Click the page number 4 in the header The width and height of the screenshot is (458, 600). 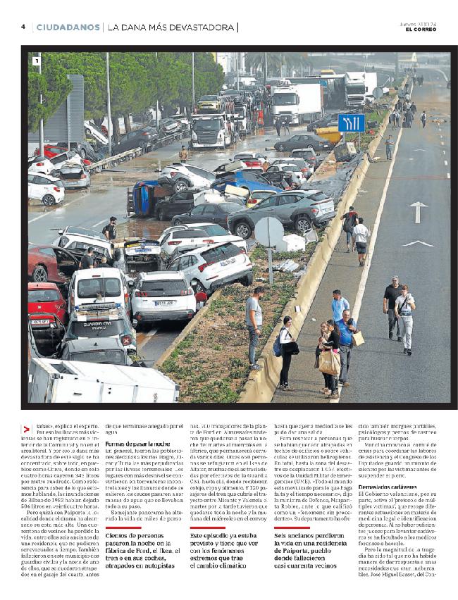[x=23, y=27]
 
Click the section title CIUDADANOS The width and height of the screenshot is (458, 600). [x=68, y=27]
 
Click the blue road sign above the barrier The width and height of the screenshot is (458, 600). [x=351, y=123]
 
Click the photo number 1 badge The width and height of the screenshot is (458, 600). [x=36, y=61]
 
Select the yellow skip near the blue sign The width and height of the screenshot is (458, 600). [x=329, y=135]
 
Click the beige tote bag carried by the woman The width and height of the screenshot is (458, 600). [x=329, y=362]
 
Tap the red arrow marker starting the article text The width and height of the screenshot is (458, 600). [x=26, y=429]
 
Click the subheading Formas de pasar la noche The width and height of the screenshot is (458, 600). [x=137, y=444]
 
